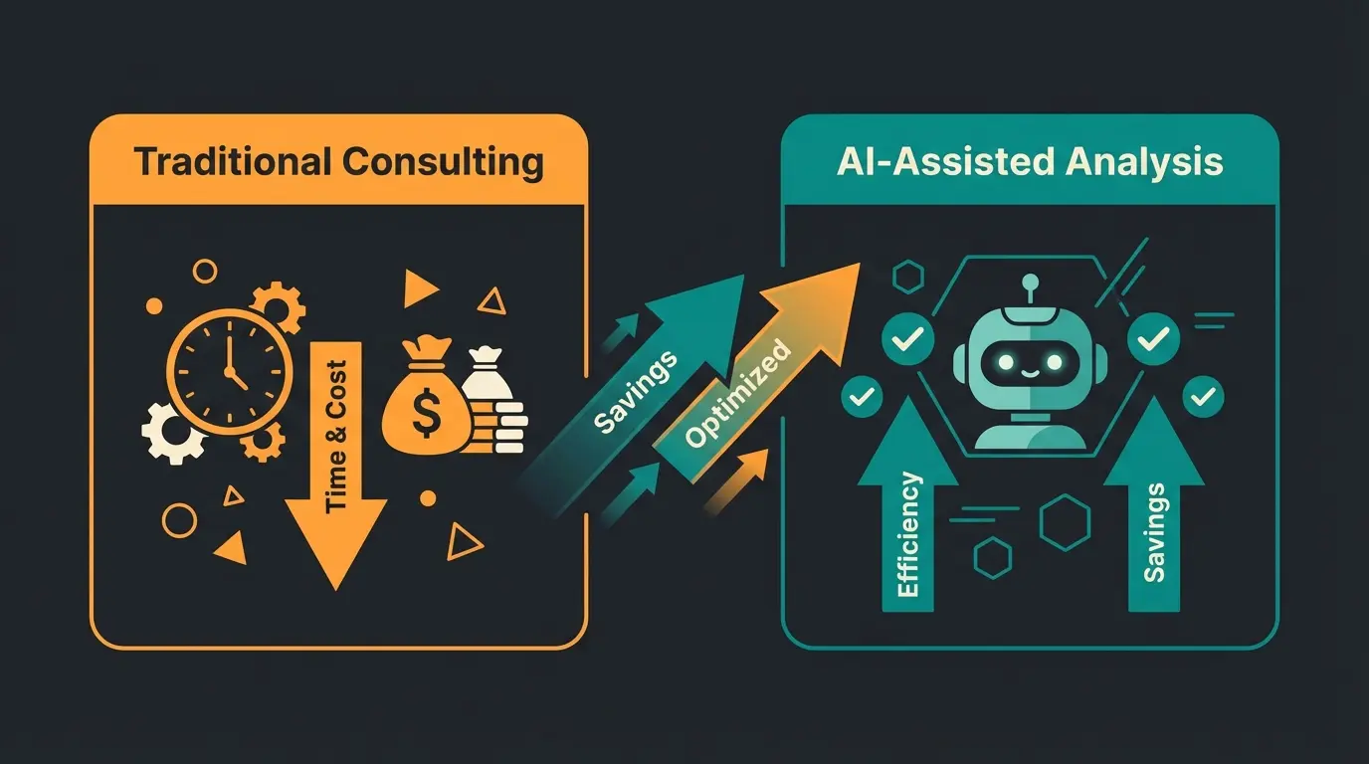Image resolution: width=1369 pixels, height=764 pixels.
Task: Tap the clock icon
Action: pyautogui.click(x=229, y=368)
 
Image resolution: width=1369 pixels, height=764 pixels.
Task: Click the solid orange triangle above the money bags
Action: pyautogui.click(x=420, y=288)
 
